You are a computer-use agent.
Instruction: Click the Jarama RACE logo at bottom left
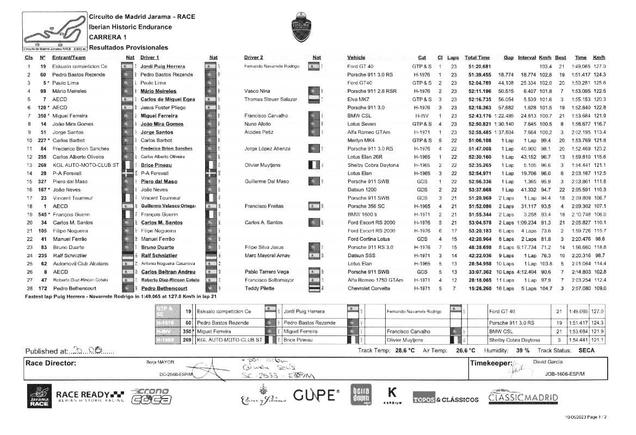pos(39,396)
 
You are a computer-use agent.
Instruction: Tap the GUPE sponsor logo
pos(316,395)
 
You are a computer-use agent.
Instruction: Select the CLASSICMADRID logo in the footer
pos(523,396)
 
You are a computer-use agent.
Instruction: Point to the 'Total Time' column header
pos(477,58)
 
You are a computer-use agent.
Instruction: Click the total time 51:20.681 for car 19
pos(479,66)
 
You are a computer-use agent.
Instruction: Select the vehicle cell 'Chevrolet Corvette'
pos(369,288)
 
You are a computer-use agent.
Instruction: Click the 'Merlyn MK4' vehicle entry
pos(360,140)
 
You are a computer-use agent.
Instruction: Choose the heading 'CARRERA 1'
pos(108,37)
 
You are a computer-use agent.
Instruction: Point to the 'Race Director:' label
pos(51,363)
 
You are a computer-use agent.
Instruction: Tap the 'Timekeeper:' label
pos(491,363)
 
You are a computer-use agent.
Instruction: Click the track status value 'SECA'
pos(586,350)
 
